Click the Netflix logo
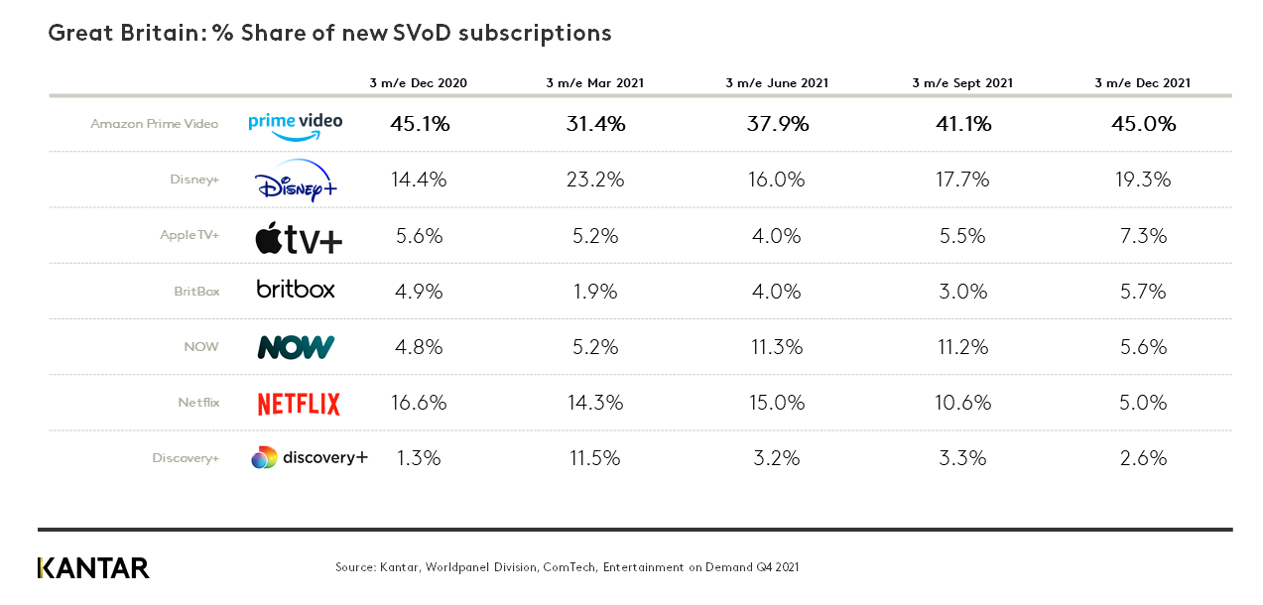click(x=299, y=404)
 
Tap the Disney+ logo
click(x=296, y=181)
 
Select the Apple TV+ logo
click(x=299, y=238)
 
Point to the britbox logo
click(x=296, y=290)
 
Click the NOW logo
click(x=296, y=347)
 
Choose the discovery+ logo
click(x=309, y=457)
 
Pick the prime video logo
click(x=296, y=124)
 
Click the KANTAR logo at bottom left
click(x=93, y=568)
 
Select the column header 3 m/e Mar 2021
click(x=594, y=83)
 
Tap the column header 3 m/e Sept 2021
click(x=962, y=83)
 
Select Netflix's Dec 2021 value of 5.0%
click(x=1146, y=403)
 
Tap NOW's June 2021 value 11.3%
click(x=777, y=347)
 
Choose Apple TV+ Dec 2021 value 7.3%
click(x=1146, y=236)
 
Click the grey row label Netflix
click(x=198, y=403)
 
